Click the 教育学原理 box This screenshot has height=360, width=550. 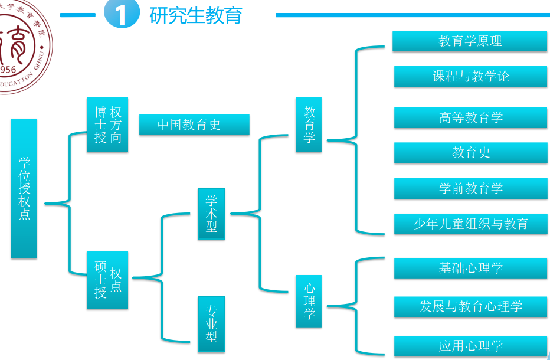pyautogui.click(x=470, y=41)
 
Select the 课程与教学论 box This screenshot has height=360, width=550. pyautogui.click(x=470, y=76)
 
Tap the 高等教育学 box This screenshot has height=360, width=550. pyautogui.click(x=470, y=117)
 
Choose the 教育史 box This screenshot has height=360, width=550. pyautogui.click(x=470, y=152)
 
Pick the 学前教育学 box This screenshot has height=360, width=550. pyautogui.click(x=470, y=188)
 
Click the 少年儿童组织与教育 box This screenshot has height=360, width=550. pyautogui.click(x=470, y=224)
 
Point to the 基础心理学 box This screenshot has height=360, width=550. pyautogui.click(x=470, y=268)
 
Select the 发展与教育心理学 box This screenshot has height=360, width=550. pyautogui.click(x=470, y=306)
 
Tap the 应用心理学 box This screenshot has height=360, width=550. pyautogui.click(x=470, y=346)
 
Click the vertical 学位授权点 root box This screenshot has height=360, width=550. pyautogui.click(x=24, y=188)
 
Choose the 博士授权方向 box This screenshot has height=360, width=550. pyautogui.click(x=107, y=125)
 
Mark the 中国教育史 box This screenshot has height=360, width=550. pyautogui.click(x=194, y=125)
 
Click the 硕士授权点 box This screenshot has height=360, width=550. pyautogui.click(x=107, y=280)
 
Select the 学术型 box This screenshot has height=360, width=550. pyautogui.click(x=211, y=214)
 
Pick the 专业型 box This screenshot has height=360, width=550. pyautogui.click(x=211, y=324)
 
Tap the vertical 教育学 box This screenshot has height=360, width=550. pyautogui.click(x=309, y=125)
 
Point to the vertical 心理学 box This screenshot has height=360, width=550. pyautogui.click(x=309, y=302)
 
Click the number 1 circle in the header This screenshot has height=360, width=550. pyautogui.click(x=122, y=15)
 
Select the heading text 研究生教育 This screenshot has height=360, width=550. pyautogui.click(x=196, y=15)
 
